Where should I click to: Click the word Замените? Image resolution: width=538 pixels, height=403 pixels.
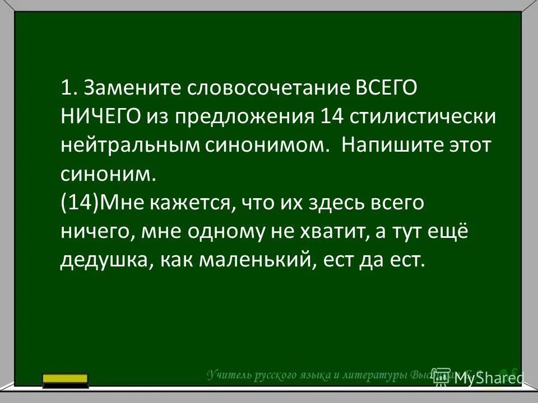[x=131, y=88]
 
